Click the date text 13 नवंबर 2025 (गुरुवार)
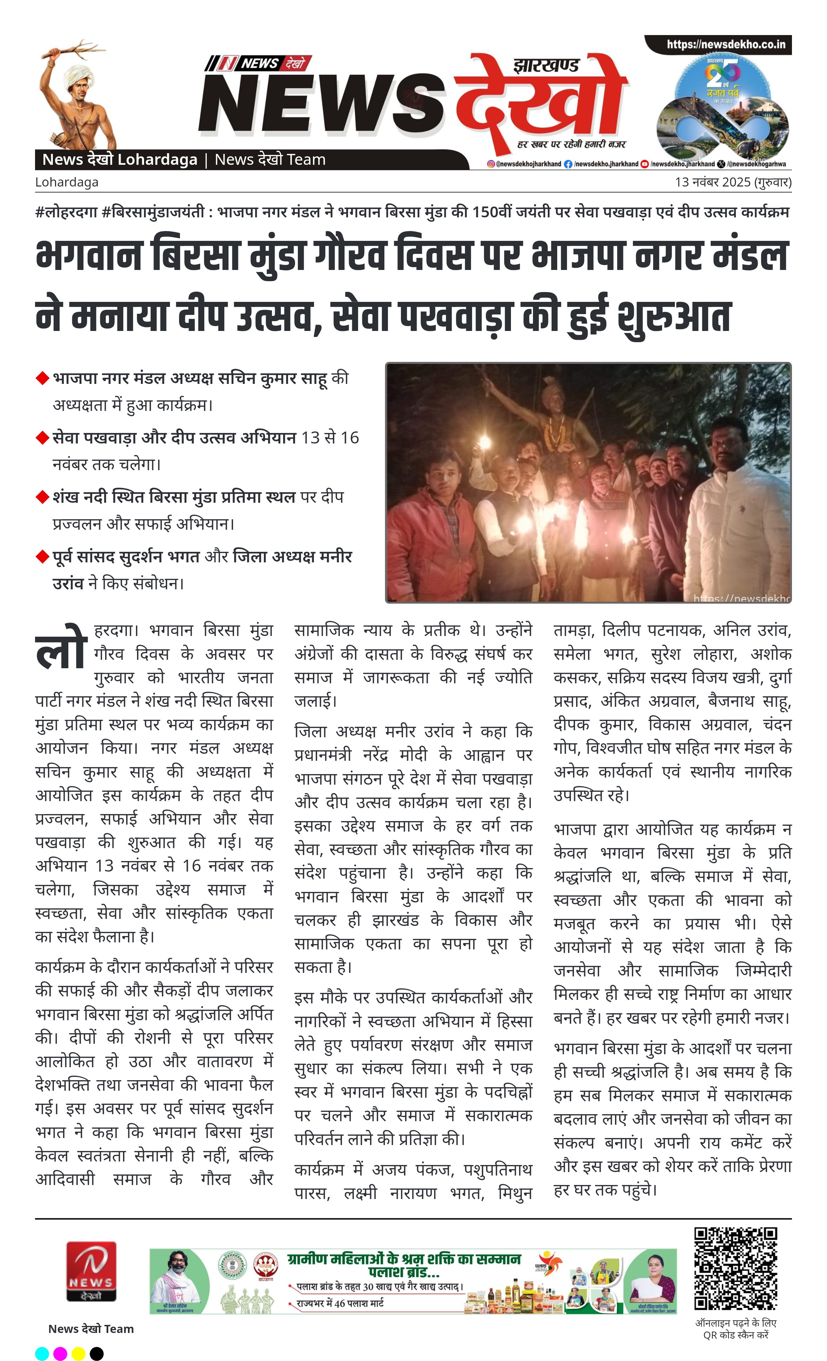(733, 182)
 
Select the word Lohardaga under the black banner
(67, 182)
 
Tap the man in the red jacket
(436, 530)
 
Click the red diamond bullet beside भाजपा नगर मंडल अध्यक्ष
(42, 378)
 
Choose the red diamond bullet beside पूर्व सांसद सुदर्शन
(42, 557)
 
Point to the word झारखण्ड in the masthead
(546, 66)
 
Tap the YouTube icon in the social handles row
(644, 164)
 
